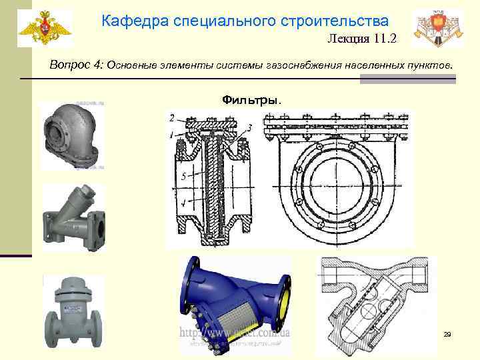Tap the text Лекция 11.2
[361, 39]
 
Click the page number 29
[447, 333]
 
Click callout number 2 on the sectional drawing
[172, 118]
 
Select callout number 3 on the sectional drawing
[248, 127]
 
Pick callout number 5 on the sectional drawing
[182, 177]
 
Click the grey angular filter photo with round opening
[70, 136]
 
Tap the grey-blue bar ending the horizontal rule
[407, 79]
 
